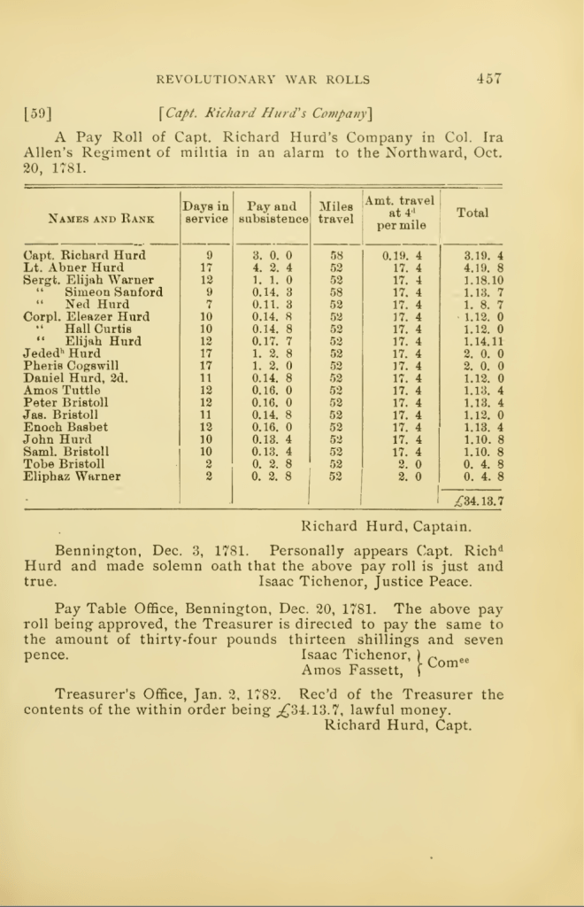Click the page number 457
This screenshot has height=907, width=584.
point(488,78)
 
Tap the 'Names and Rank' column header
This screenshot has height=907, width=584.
point(101,217)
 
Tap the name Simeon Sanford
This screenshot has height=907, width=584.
point(113,292)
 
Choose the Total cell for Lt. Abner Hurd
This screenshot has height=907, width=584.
point(483,267)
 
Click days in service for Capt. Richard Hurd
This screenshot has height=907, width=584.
point(209,255)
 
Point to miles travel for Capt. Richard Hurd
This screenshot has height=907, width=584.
point(335,255)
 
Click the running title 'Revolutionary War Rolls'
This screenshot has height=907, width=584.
point(263,80)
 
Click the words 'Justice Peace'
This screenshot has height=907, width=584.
point(426,582)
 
